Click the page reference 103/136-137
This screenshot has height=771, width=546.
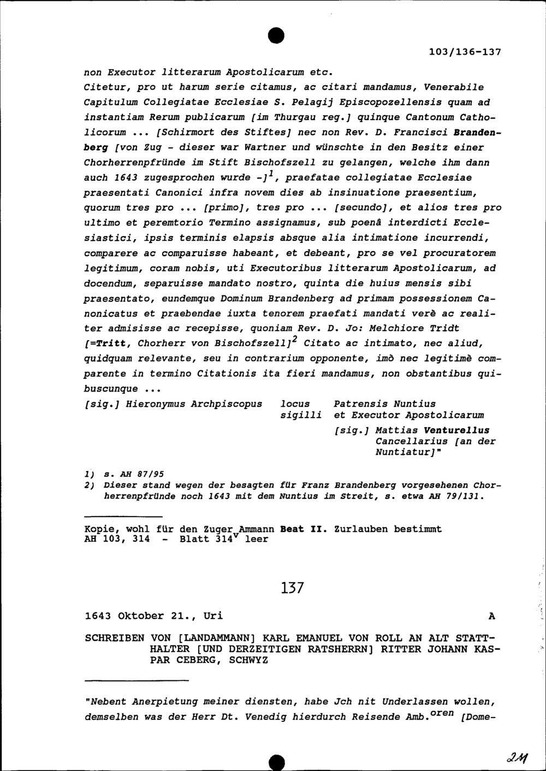point(465,52)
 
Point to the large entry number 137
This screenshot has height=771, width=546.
point(291,588)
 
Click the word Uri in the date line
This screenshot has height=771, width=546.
point(213,616)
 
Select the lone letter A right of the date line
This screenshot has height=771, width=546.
point(492,616)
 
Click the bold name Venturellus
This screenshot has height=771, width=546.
point(460,430)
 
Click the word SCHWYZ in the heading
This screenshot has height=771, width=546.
point(248,660)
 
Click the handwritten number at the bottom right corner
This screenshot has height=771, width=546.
point(515,758)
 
